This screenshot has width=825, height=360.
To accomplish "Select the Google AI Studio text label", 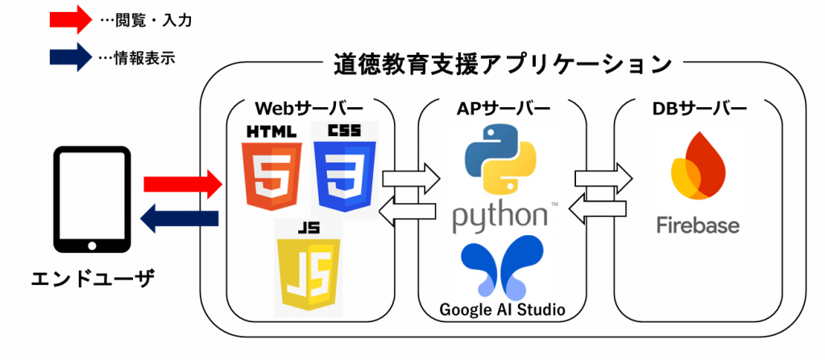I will tap(502, 309).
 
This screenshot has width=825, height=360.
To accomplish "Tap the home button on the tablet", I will tap(91, 243).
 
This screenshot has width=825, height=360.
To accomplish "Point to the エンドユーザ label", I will tap(92, 279).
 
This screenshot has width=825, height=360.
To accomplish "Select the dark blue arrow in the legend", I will tap(68, 57).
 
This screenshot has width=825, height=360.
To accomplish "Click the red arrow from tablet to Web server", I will tap(182, 184).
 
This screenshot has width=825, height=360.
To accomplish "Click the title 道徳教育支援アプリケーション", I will tap(502, 64).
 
